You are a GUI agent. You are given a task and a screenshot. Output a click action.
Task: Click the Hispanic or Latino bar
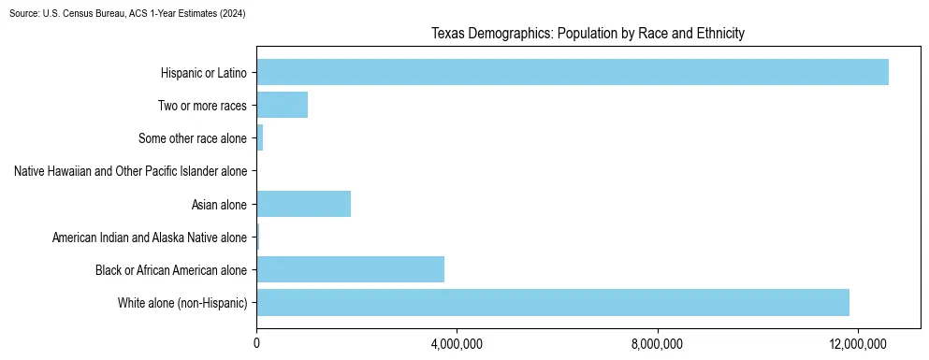click(x=573, y=72)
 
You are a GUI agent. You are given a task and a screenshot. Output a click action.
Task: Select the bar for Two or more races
click(x=282, y=105)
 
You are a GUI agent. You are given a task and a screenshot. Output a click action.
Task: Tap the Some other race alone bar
click(x=259, y=138)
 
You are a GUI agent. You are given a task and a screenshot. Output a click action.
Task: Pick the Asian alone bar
click(x=303, y=204)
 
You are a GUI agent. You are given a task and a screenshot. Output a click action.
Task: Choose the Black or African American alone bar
click(x=350, y=269)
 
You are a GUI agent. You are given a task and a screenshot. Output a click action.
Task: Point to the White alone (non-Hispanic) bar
click(x=553, y=303)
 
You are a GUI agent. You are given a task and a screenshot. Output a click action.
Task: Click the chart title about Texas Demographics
click(x=588, y=34)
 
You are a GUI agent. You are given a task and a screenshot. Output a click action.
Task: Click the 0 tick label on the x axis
click(x=256, y=345)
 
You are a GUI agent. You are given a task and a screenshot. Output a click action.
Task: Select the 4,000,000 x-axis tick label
click(x=457, y=345)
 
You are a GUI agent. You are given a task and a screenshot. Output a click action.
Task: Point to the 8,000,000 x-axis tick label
click(x=658, y=345)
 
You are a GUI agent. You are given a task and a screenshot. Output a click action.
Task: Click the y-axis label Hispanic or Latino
click(x=203, y=73)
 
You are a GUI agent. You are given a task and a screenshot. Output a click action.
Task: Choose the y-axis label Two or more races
click(x=202, y=106)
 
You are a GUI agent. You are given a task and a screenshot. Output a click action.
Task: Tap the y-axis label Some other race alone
click(x=192, y=138)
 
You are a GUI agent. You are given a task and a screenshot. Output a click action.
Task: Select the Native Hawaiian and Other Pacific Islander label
click(x=130, y=171)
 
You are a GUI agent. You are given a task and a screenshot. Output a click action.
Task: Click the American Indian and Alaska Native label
click(x=150, y=238)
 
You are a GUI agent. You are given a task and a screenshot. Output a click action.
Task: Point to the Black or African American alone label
click(x=171, y=270)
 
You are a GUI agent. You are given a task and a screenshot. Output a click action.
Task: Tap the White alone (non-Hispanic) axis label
click(x=182, y=303)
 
